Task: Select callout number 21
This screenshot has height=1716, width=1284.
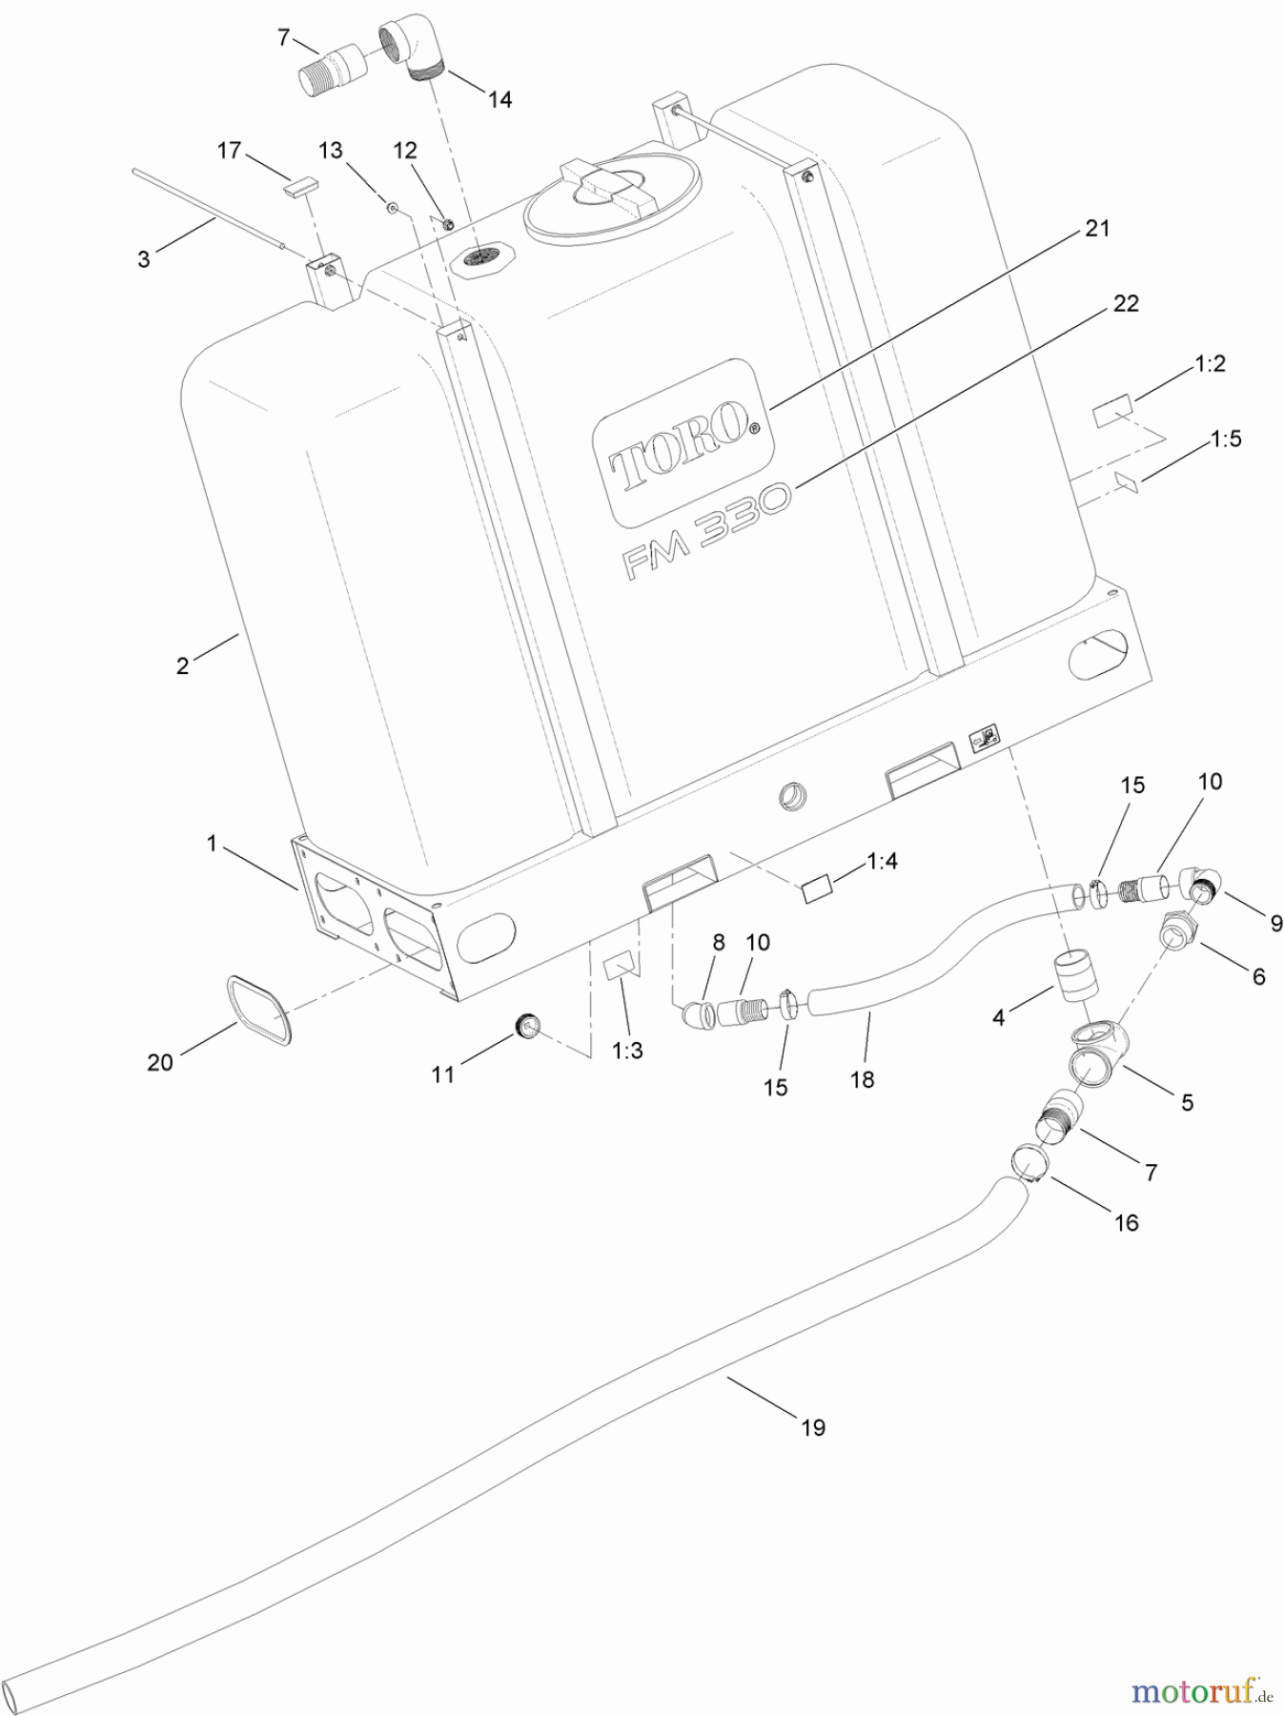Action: point(1097,229)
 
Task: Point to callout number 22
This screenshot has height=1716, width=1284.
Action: point(1126,303)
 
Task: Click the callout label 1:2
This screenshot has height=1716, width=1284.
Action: point(1209,364)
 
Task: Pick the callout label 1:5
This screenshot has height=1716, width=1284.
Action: point(1226,439)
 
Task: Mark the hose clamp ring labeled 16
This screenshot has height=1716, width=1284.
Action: point(1028,1160)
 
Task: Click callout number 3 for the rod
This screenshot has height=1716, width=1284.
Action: point(143,259)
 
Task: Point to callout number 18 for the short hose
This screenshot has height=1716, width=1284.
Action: point(862,1079)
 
